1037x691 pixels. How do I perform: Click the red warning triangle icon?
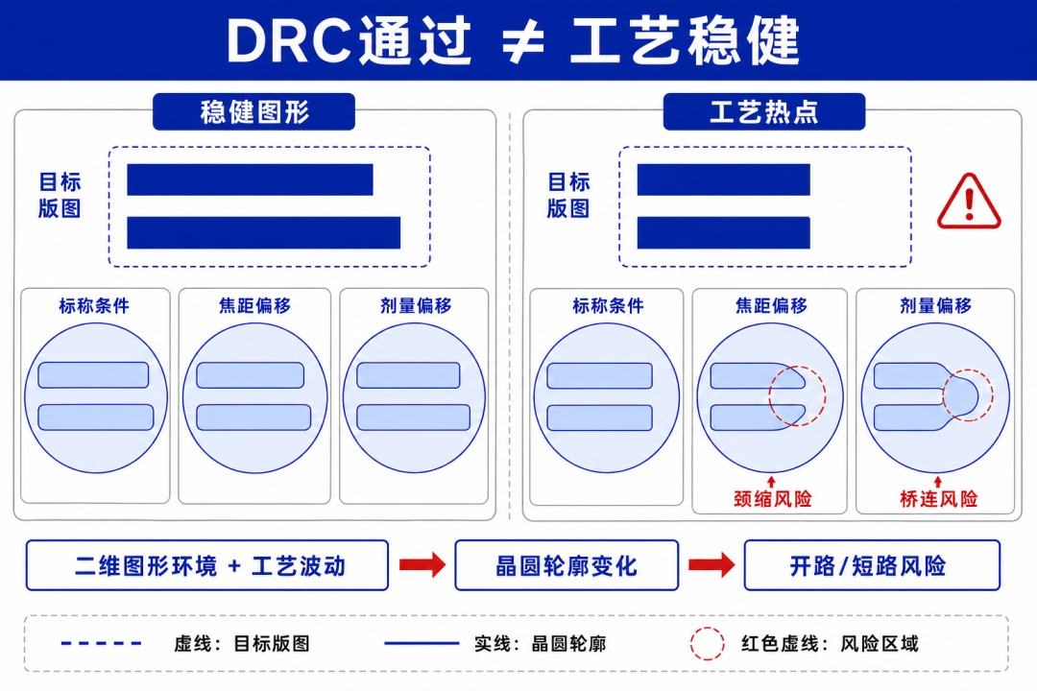(x=969, y=203)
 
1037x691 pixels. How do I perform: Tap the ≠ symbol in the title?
(x=522, y=41)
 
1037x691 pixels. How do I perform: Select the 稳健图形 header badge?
(x=253, y=111)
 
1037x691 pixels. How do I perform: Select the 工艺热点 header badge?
(x=764, y=111)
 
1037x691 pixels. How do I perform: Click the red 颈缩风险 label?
(x=772, y=499)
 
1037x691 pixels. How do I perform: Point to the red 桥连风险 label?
(x=938, y=499)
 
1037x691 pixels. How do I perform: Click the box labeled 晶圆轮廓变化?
(x=567, y=565)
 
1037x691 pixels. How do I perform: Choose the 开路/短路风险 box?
(x=872, y=565)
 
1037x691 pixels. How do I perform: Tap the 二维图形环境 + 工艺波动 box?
(x=207, y=565)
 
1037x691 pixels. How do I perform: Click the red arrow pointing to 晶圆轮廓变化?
(x=422, y=564)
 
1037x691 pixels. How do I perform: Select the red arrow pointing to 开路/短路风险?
(x=711, y=564)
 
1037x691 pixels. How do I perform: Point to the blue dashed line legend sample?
(x=101, y=643)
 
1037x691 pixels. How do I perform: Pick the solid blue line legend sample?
(x=422, y=643)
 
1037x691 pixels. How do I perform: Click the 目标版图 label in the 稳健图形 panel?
(x=60, y=195)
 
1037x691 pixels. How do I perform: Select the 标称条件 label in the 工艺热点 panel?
(x=608, y=305)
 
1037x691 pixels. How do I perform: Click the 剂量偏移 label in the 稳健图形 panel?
(x=416, y=305)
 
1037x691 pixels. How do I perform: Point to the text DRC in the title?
(x=288, y=41)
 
